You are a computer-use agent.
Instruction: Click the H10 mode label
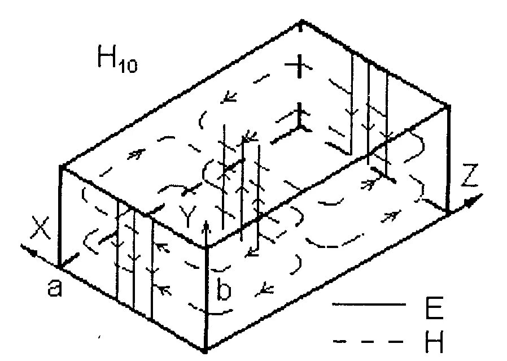coord(117,61)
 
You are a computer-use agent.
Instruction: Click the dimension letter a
coord(54,289)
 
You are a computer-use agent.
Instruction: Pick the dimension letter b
coord(224,292)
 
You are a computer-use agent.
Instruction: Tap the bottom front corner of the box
coord(207,350)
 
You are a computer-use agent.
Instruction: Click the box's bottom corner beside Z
coord(447,213)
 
